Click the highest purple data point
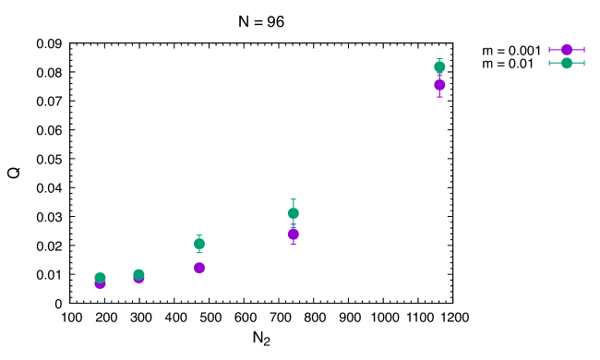click(439, 85)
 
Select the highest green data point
click(439, 66)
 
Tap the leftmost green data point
click(100, 278)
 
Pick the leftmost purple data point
click(100, 283)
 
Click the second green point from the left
click(138, 274)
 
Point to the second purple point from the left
click(138, 278)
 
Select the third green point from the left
click(199, 244)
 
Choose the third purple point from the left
click(199, 268)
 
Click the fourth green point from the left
click(293, 213)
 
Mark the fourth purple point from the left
click(293, 234)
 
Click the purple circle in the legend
click(567, 50)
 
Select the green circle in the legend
click(567, 63)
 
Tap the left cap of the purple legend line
click(549, 50)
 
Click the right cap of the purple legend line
click(584, 50)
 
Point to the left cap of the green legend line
click(549, 63)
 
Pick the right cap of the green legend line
click(584, 63)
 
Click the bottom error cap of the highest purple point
click(439, 96)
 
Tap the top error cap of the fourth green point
click(293, 199)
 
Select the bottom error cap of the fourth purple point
click(293, 244)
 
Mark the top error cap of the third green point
click(199, 235)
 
